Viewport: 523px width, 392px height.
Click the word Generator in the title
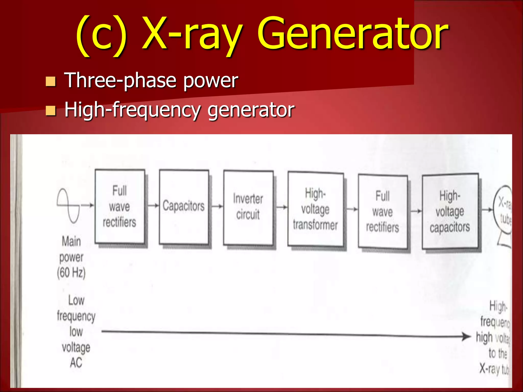click(x=352, y=33)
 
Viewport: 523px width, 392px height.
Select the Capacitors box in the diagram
click(x=184, y=207)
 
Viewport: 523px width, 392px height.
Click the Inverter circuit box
click(x=248, y=208)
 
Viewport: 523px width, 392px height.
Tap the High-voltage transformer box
click(x=315, y=209)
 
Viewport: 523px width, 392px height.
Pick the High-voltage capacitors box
click(x=450, y=211)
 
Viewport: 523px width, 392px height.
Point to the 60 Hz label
click(x=71, y=273)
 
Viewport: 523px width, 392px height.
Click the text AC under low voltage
click(x=76, y=363)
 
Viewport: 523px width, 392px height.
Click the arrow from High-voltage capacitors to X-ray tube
click(x=486, y=210)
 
